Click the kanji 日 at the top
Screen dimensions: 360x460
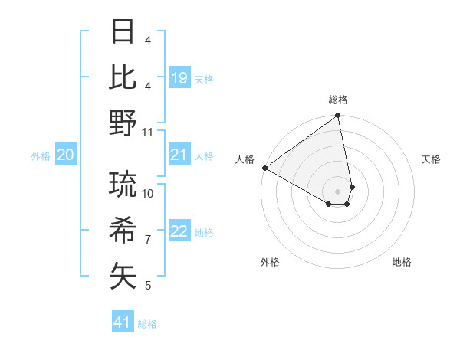point(123,32)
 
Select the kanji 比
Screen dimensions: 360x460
point(123,77)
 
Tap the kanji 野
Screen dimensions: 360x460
point(123,123)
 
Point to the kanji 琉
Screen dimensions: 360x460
point(123,184)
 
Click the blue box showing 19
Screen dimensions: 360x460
point(179,78)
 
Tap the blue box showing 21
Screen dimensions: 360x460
point(179,155)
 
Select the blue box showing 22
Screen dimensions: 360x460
point(179,232)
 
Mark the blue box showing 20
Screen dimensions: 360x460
point(66,155)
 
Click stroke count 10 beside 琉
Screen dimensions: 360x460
point(148,194)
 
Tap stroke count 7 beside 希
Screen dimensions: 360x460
point(148,240)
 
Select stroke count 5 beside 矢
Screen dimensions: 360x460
point(148,286)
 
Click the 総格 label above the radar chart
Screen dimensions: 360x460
point(338,100)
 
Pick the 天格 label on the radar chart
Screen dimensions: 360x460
point(432,159)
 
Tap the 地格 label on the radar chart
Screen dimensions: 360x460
point(402,262)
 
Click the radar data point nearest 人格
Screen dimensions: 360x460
point(264,168)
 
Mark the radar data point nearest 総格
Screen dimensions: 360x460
point(337,116)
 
